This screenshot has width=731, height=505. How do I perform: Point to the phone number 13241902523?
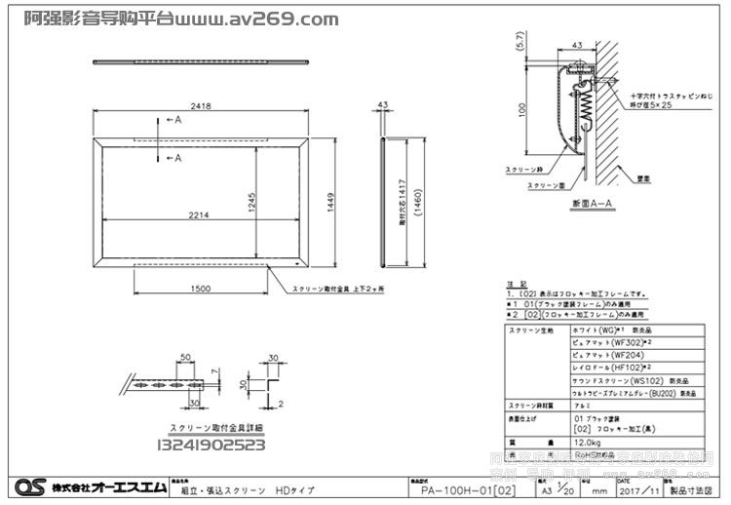pos(212,446)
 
